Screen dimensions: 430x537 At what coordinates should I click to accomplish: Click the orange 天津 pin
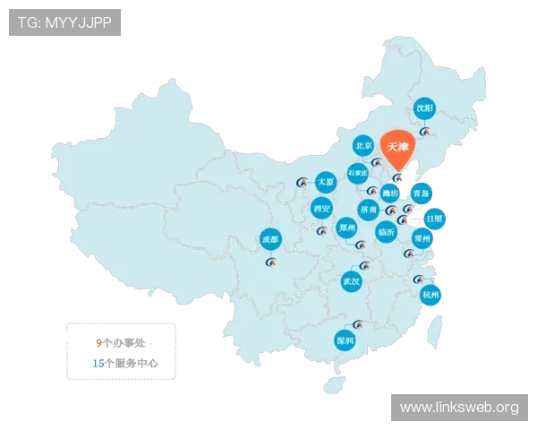(398, 147)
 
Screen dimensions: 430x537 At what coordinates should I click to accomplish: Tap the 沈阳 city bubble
(424, 108)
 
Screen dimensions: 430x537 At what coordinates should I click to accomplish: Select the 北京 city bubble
(362, 144)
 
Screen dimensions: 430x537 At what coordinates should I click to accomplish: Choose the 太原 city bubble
(325, 182)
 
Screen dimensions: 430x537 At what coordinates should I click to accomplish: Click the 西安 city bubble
(322, 210)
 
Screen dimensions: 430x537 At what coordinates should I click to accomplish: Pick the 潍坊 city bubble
(390, 193)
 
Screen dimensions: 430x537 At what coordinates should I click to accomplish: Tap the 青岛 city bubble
(422, 193)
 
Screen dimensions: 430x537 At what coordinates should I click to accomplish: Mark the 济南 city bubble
(368, 210)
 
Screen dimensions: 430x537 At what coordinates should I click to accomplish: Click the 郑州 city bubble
(347, 228)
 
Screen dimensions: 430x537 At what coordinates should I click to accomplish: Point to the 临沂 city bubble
(387, 231)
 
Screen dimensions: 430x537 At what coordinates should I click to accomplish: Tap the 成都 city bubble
(269, 239)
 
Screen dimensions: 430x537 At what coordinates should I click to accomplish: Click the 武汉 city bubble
(351, 281)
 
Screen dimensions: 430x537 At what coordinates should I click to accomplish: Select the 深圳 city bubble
(345, 341)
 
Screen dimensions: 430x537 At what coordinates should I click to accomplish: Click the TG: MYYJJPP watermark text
(64, 22)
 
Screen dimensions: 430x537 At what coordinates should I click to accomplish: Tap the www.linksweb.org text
(458, 408)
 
